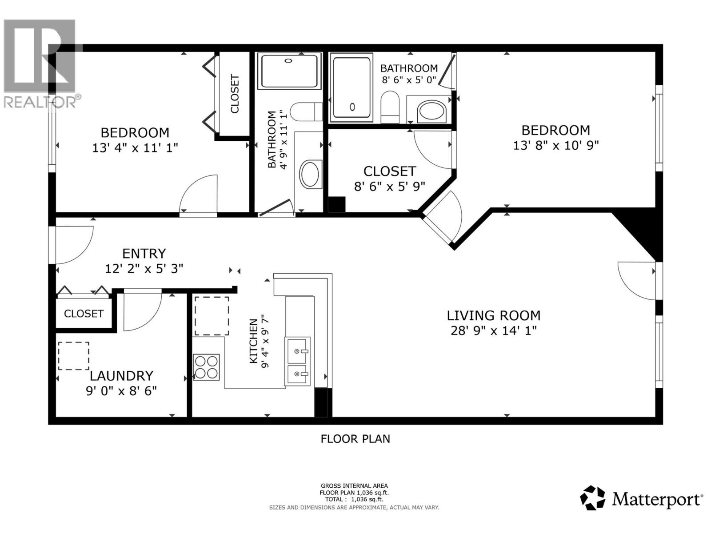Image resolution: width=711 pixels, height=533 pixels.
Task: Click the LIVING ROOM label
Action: [493, 316]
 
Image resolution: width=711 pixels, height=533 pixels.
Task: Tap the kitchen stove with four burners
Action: [206, 367]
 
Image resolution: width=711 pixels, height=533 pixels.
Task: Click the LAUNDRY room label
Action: [121, 376]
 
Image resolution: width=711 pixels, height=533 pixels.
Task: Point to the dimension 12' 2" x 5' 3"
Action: [144, 268]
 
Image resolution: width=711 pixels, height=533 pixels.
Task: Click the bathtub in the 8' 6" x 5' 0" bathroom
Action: [352, 88]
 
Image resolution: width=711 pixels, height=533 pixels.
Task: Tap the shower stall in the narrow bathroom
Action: [290, 71]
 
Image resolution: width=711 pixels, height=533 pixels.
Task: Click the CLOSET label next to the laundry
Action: [84, 314]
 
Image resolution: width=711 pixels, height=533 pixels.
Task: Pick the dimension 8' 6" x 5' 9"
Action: [389, 186]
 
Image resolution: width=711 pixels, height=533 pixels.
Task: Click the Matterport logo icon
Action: [592, 498]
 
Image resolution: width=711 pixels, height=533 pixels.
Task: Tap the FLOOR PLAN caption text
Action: [355, 439]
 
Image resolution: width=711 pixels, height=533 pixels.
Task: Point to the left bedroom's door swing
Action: [199, 195]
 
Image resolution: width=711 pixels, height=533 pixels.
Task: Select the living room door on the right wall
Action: [636, 280]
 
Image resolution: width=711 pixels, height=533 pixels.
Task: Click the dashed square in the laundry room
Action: [73, 355]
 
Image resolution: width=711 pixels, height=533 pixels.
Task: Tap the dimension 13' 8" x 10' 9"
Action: [555, 145]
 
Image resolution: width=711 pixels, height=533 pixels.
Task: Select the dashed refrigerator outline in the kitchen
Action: [212, 315]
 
